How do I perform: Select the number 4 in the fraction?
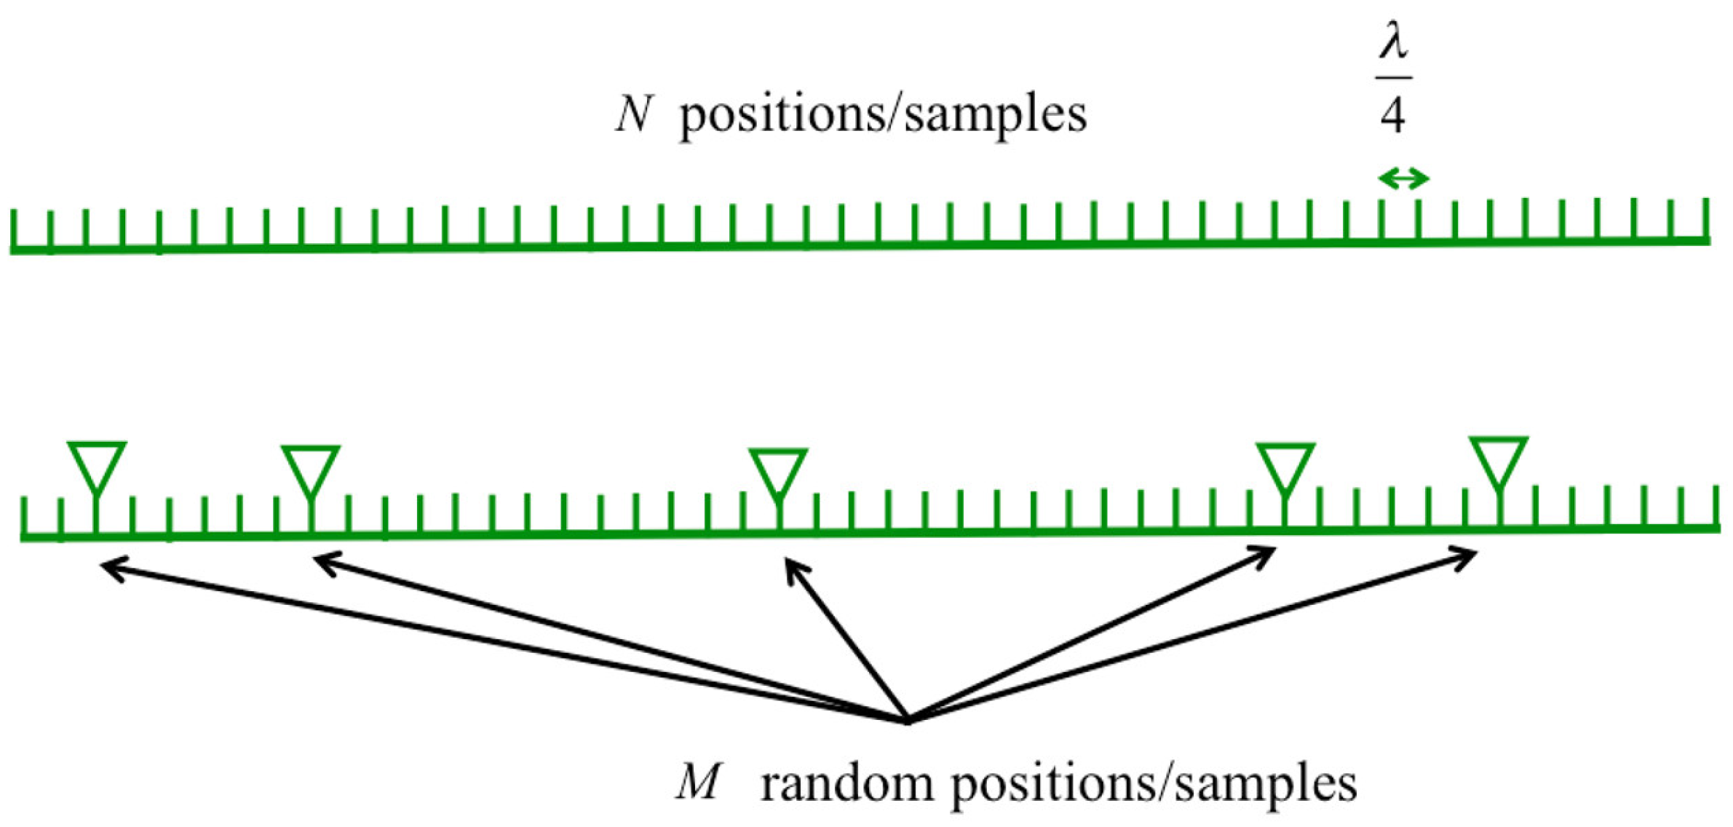[x=1392, y=114]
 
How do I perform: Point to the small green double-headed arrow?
[x=1403, y=178]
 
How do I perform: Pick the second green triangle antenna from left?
[x=311, y=470]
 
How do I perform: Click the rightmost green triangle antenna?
[x=1498, y=462]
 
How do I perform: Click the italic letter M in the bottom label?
[x=697, y=783]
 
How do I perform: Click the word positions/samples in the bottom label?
[x=1154, y=785]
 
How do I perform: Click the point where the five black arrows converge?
[x=908, y=721]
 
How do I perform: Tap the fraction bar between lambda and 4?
[x=1393, y=76]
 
